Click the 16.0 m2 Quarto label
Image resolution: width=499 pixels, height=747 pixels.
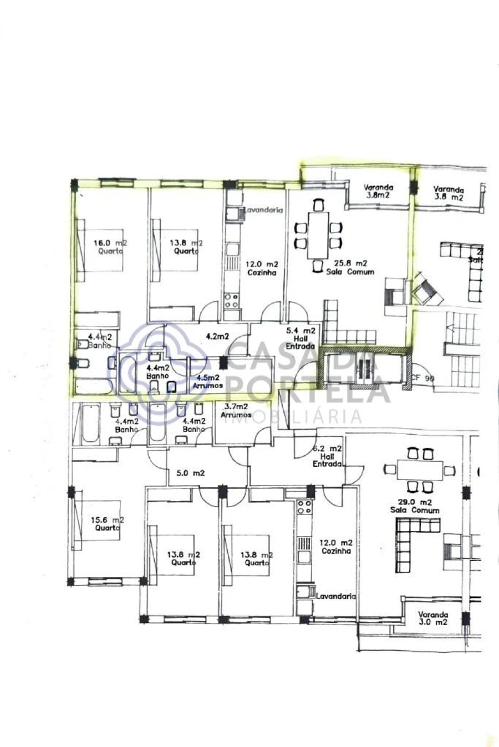tap(109, 246)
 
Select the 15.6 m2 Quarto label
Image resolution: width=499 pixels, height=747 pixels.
tap(107, 524)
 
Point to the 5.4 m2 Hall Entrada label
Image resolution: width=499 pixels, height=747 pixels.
tap(300, 338)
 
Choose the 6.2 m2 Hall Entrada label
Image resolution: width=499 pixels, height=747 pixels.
tap(327, 456)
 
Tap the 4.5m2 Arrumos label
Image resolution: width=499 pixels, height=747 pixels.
tap(207, 382)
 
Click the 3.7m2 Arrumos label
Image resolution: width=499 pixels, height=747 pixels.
tap(236, 410)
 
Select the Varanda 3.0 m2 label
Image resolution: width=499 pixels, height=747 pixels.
tap(433, 618)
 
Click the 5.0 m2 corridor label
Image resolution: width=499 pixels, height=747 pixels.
tap(191, 473)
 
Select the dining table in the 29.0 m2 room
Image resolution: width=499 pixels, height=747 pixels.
tap(420, 471)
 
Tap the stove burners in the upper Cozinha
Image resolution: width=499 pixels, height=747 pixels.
tap(231, 301)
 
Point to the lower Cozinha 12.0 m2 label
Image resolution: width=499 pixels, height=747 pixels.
tap(337, 547)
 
